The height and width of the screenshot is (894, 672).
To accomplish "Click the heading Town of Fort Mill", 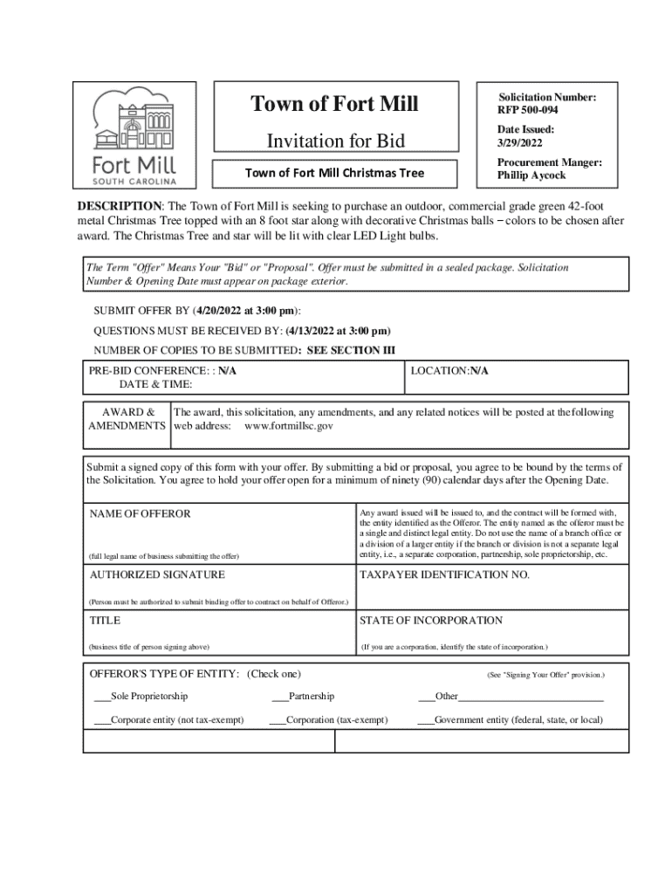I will tap(335, 104).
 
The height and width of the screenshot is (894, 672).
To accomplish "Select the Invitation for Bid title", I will tap(335, 141).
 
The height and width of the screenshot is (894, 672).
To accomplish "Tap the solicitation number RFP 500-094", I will tap(528, 111).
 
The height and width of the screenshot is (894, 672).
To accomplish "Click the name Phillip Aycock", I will tap(531, 175).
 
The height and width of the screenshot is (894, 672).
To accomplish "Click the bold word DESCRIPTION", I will tap(120, 205).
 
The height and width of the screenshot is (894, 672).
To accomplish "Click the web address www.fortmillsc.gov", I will tap(288, 426).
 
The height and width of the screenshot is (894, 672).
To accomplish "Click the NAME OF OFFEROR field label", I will tap(140, 513).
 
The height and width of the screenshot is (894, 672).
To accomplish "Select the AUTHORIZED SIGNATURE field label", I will tap(157, 574).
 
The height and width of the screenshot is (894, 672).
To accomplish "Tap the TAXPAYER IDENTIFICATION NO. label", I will tap(444, 575).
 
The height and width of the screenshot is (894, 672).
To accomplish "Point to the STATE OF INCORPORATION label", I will tap(431, 620).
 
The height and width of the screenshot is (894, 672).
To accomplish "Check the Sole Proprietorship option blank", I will tap(102, 696).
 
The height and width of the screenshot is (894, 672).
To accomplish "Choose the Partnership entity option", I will tap(279, 696).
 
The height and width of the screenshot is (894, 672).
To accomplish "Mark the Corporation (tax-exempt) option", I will tap(278, 720).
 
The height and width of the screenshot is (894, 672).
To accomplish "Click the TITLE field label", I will tap(105, 620).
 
